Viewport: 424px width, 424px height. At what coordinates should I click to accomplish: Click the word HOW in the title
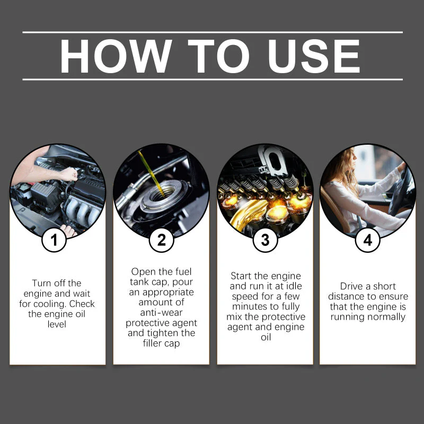(116, 56)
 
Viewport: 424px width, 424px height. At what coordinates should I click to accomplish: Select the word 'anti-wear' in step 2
(161, 313)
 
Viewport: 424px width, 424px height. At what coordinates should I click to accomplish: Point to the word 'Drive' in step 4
(352, 286)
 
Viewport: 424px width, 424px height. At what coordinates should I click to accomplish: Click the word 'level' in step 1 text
(57, 324)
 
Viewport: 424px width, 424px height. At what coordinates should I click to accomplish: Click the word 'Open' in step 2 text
(143, 272)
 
